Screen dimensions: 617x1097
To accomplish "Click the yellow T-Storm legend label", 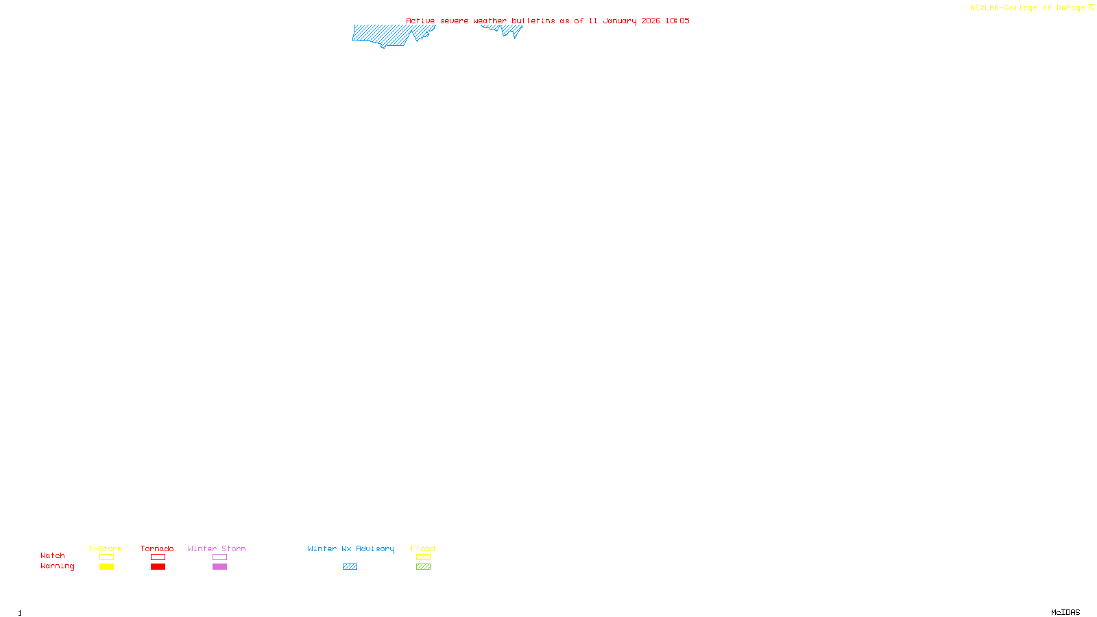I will pos(106,548).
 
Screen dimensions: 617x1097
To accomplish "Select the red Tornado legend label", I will pos(157,548).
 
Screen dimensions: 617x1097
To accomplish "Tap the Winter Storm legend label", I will pos(217,548).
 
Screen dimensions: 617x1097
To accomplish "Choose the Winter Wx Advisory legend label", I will pos(351,548).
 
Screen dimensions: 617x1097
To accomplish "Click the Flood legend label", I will pos(423,548).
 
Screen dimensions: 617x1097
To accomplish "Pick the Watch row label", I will pos(53,555).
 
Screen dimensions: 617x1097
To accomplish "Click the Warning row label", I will pos(57,566).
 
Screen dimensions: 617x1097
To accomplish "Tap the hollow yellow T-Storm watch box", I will pos(106,557).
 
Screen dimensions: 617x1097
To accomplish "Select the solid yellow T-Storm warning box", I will pos(106,567).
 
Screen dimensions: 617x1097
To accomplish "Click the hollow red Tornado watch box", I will pos(158,557).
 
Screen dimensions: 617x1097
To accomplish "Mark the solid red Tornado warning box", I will pos(158,567).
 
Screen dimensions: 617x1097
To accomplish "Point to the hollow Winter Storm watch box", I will pos(219,557).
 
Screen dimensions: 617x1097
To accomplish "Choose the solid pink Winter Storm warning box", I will pos(219,567).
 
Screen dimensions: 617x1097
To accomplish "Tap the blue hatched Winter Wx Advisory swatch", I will pos(350,567).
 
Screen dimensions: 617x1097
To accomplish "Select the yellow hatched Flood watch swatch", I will pos(423,557).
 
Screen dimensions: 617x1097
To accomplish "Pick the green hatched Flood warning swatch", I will pos(423,567).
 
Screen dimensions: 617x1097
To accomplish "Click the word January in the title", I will pos(620,21).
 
